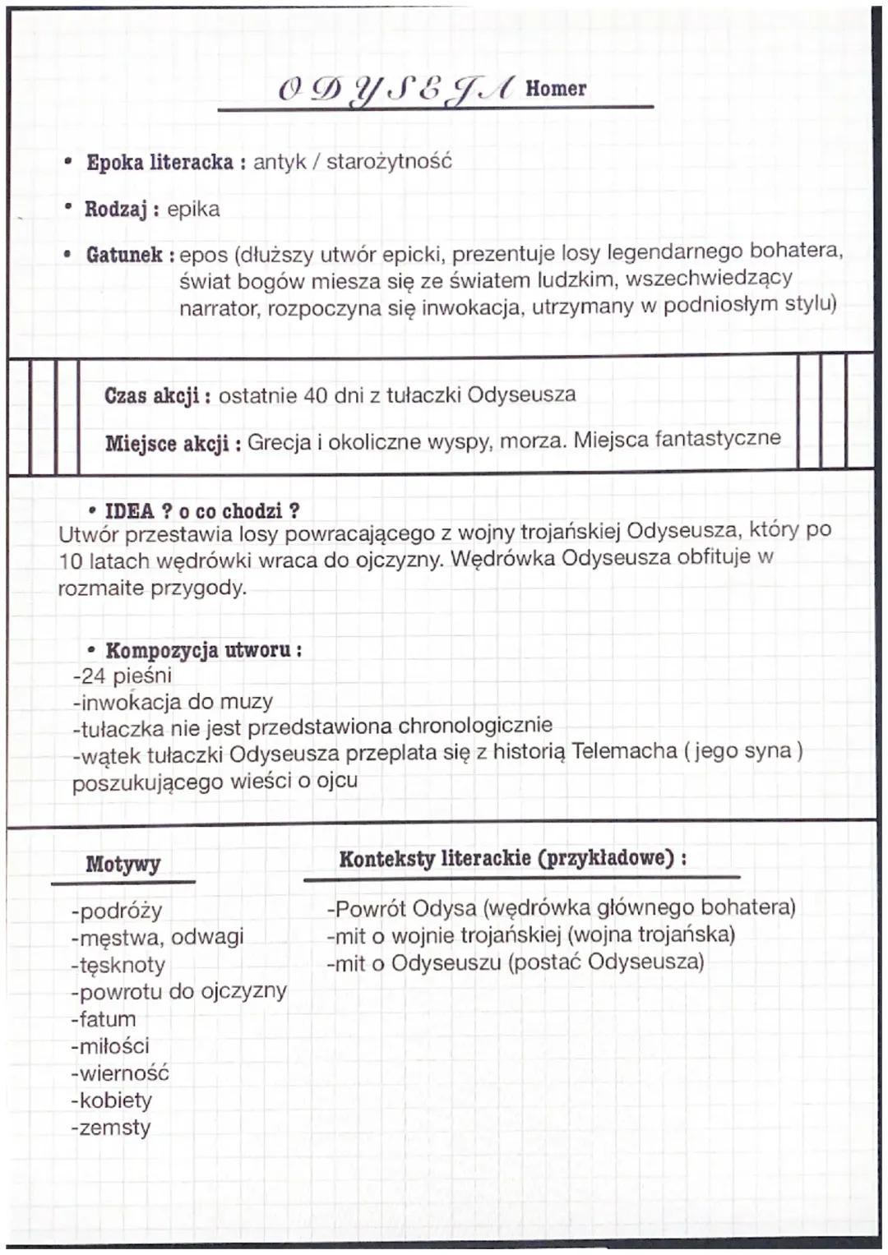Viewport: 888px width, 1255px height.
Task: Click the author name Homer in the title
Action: tap(556, 88)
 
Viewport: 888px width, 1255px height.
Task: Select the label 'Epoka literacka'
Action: tap(160, 162)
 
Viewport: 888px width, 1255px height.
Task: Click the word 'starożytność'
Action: tap(389, 161)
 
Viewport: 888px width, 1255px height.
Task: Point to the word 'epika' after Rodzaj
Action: tap(193, 209)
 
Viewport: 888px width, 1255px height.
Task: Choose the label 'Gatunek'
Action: tap(124, 255)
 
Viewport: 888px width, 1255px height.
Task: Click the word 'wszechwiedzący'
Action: tap(709, 278)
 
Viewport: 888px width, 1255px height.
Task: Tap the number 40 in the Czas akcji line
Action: tap(316, 395)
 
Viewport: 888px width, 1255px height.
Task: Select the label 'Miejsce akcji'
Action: tap(167, 444)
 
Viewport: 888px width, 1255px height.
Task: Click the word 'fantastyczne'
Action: tap(717, 438)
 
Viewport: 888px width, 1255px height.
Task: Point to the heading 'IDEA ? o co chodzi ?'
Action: tap(201, 511)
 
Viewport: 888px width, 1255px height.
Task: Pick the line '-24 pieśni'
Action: tap(123, 676)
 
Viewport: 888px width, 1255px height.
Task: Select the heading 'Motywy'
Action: tap(123, 864)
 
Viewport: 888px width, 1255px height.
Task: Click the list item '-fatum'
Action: tap(104, 1019)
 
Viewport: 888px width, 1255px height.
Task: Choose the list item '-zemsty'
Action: tap(111, 1128)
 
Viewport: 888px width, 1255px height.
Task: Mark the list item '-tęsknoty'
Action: tap(118, 965)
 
